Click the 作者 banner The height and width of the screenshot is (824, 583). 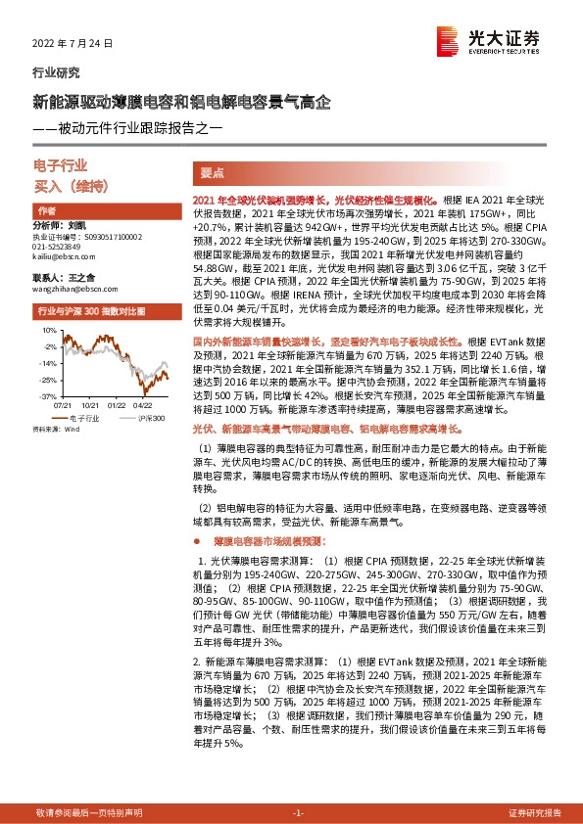click(x=45, y=211)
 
